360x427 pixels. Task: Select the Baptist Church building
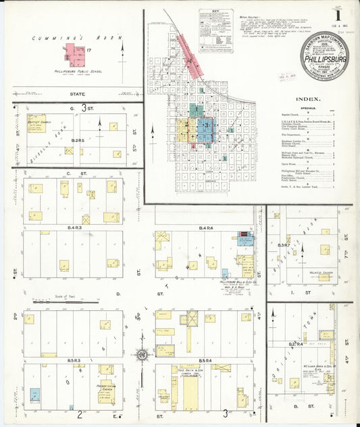[36, 122]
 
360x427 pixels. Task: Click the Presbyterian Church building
[106, 370]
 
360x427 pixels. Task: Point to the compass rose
[141, 353]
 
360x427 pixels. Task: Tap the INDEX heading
[308, 99]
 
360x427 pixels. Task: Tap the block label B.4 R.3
[73, 228]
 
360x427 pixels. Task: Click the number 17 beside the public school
[88, 49]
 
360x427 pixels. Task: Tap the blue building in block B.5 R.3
[34, 393]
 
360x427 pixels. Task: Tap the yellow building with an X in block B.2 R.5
[68, 151]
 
